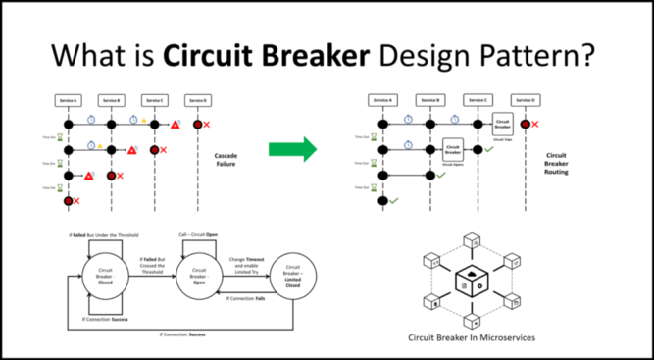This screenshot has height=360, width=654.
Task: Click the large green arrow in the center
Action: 290,149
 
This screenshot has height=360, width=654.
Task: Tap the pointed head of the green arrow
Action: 311,149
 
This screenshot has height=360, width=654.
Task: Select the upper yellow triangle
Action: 144,120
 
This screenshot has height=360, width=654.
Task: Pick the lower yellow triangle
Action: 100,145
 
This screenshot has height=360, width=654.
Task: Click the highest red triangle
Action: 175,125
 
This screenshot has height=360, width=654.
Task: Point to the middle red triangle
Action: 131,150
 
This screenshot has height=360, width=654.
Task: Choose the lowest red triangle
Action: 88,176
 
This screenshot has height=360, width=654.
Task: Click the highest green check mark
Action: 489,149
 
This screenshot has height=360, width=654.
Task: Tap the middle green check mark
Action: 441,175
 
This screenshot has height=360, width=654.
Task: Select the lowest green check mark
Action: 394,201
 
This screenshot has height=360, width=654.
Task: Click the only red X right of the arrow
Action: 534,125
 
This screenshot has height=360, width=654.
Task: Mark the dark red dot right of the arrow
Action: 526,124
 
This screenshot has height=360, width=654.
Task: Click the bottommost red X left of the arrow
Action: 76,201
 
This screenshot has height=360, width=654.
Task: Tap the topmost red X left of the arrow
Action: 207,125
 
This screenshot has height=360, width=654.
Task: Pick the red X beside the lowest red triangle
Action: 120,176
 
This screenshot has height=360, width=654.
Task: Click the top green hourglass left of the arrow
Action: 60,137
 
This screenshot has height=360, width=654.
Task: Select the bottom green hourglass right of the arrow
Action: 374,187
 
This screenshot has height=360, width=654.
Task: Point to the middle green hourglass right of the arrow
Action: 374,163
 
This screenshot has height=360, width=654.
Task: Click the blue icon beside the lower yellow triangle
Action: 91,145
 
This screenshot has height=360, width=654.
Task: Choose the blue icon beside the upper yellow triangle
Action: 133,119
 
